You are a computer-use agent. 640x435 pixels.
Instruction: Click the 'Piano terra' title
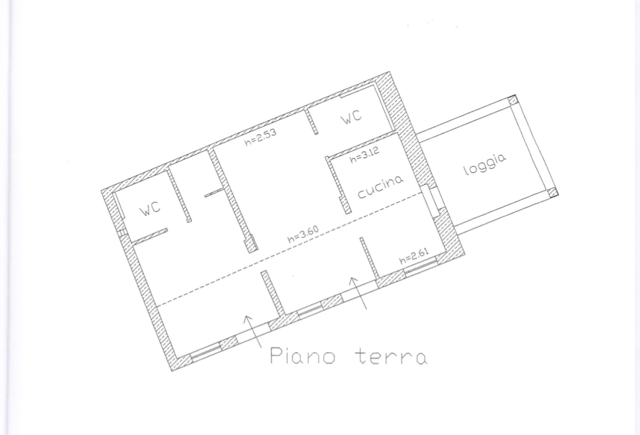point(349,356)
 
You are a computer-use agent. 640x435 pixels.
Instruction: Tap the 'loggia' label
point(485,164)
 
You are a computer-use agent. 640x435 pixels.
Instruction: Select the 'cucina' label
point(381,187)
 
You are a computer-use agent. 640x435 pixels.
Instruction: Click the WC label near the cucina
point(351,117)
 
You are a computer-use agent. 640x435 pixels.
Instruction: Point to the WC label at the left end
point(150,209)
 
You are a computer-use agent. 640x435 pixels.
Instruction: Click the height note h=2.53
point(261,137)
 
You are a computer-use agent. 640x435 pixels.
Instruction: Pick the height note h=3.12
point(364,155)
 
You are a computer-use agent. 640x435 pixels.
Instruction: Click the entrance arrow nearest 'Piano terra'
point(253,331)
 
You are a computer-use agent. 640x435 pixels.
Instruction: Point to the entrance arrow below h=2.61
point(358,293)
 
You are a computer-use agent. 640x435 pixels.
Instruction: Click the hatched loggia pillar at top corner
point(513,100)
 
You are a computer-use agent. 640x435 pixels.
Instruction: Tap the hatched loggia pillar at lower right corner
point(552,193)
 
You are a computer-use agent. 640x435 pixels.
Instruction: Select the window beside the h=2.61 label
point(421,267)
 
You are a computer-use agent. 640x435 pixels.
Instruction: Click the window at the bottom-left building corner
point(206,352)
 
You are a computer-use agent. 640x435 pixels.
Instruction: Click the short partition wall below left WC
point(150,236)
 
